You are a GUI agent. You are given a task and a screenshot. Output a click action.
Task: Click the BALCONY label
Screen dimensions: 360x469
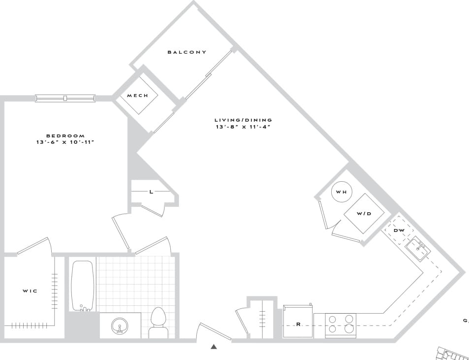click(187, 52)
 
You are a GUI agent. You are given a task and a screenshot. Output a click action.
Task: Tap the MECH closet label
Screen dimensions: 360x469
click(137, 96)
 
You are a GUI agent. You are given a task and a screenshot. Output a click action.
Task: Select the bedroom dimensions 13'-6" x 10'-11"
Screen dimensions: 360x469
click(65, 142)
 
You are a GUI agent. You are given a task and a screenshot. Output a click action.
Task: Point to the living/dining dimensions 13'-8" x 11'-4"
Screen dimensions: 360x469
click(243, 127)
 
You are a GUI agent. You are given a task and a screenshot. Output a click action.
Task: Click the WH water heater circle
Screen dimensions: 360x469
click(341, 192)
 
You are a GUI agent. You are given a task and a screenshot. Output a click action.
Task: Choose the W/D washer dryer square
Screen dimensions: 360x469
click(364, 213)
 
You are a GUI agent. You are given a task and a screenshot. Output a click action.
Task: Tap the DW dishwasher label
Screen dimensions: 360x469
click(399, 230)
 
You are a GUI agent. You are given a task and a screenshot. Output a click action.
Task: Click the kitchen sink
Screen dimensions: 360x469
click(418, 248)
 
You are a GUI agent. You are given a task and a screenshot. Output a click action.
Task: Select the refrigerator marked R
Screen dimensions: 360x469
click(298, 322)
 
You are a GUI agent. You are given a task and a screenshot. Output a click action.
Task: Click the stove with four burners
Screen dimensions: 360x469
click(341, 325)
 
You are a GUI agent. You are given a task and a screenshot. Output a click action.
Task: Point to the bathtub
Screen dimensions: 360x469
click(83, 286)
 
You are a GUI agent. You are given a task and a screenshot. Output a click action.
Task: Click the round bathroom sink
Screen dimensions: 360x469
click(119, 326)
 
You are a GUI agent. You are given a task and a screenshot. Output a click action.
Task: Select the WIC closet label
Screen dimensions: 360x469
click(30, 291)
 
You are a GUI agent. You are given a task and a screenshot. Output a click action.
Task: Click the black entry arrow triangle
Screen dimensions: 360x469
click(214, 347)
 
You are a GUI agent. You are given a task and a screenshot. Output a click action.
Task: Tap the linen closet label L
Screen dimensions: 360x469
click(151, 192)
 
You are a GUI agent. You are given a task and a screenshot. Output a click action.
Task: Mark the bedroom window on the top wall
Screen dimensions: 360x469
click(65, 98)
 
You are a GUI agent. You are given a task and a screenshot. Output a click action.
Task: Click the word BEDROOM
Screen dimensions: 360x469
click(65, 135)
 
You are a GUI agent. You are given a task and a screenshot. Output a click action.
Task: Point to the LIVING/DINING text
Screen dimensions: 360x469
click(243, 120)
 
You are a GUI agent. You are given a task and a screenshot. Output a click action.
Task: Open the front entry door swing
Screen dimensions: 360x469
click(214, 331)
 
